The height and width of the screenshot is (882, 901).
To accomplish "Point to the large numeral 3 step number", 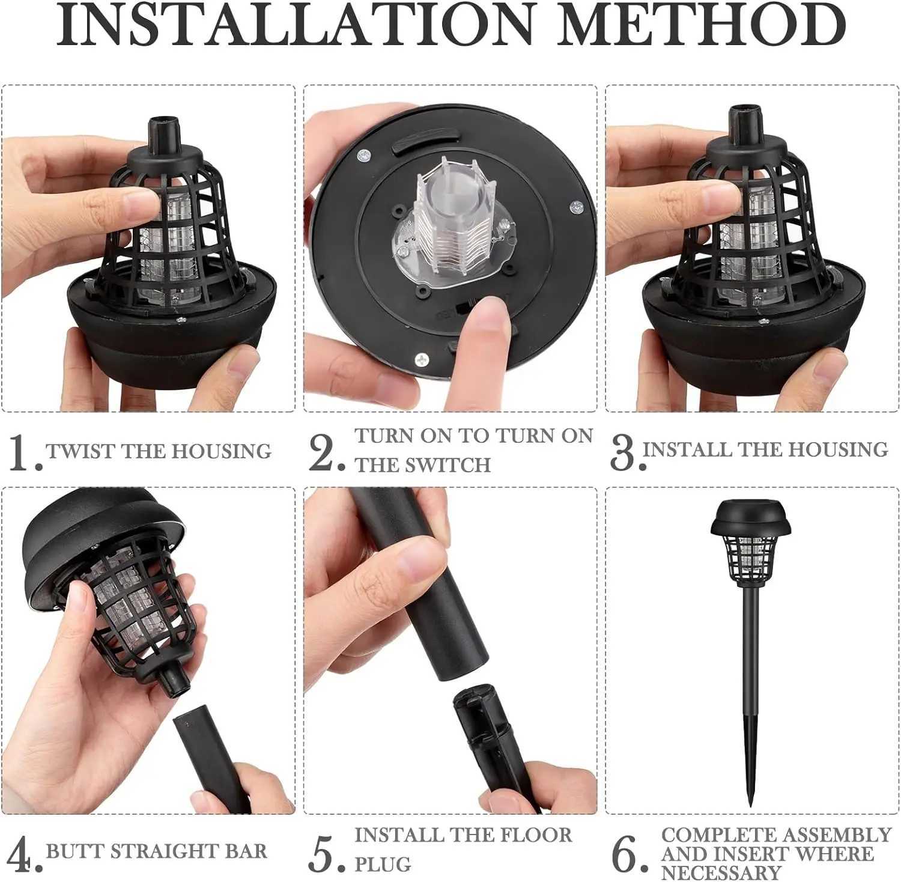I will click(x=622, y=453).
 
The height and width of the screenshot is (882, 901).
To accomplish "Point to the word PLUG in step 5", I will click(x=383, y=865).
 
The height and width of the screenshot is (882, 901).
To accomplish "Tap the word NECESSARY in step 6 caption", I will click(x=721, y=872).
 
